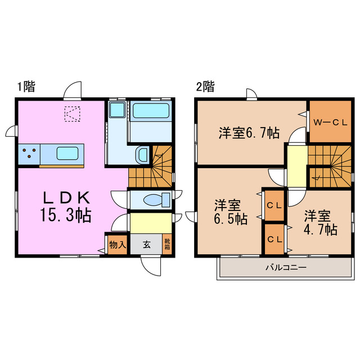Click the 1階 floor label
click(26, 87)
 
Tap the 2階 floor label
click(205, 87)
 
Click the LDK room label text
click(66, 197)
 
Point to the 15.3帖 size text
click(66, 215)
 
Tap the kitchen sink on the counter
click(62, 153)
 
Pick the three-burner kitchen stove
click(29, 153)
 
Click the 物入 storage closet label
click(117, 245)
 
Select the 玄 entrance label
click(146, 245)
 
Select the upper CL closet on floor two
click(274, 206)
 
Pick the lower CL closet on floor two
click(274, 238)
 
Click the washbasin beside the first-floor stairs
click(142, 155)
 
